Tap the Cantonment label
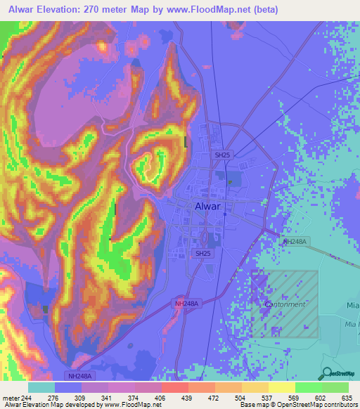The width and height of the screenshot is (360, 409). click(x=285, y=304)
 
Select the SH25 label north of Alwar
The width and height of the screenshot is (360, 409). click(x=223, y=154)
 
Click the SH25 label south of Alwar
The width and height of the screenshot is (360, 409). click(x=203, y=253)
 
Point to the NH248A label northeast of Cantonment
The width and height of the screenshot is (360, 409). click(x=295, y=242)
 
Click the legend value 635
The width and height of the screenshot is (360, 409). click(x=345, y=398)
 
